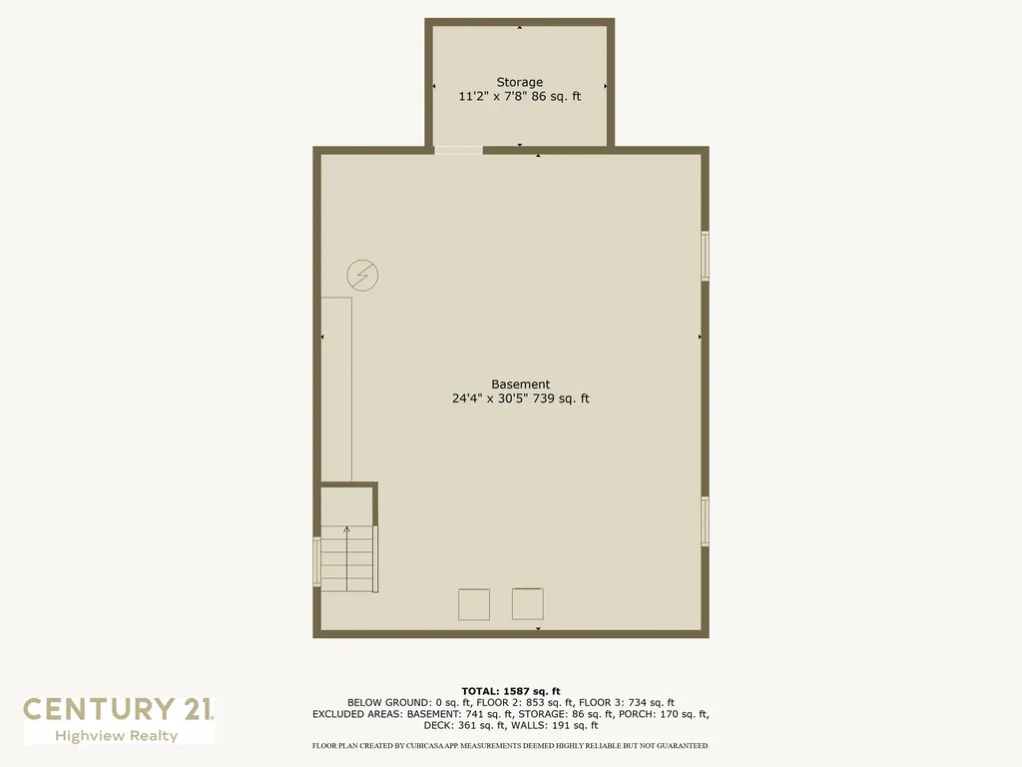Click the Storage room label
pyautogui.click(x=519, y=82)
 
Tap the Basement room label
pyautogui.click(x=520, y=383)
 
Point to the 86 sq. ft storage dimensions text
pyautogui.click(x=519, y=97)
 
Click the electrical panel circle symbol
pyautogui.click(x=362, y=275)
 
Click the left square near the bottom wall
pyautogui.click(x=474, y=604)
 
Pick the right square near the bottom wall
pyautogui.click(x=528, y=603)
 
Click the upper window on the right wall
pyautogui.click(x=705, y=256)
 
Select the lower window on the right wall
pyautogui.click(x=705, y=521)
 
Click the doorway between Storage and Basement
pyautogui.click(x=458, y=151)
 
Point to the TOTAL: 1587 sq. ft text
pyautogui.click(x=511, y=691)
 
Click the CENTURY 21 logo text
pyautogui.click(x=118, y=709)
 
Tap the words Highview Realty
pyautogui.click(x=117, y=736)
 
